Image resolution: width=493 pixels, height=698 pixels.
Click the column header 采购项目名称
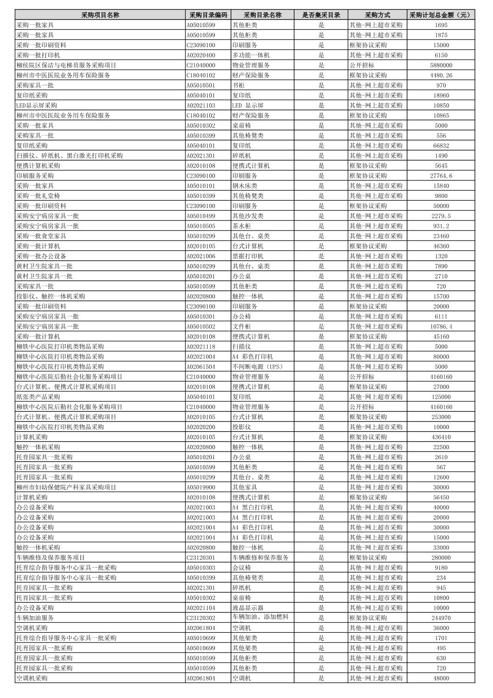click(x=100, y=15)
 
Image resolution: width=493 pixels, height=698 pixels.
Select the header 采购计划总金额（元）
click(x=441, y=15)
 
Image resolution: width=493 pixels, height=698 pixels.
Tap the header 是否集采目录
click(x=321, y=15)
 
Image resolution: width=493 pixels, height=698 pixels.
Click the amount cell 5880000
click(x=441, y=65)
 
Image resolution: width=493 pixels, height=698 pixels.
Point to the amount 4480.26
click(x=441, y=75)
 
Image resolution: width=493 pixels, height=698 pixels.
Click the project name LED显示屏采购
click(x=37, y=106)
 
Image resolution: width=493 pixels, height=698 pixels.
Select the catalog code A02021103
click(x=201, y=106)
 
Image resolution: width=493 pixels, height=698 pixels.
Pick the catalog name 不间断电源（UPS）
click(x=258, y=366)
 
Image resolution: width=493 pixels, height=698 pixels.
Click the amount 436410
click(x=441, y=437)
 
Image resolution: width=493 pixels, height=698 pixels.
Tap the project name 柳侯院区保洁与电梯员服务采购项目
click(x=66, y=65)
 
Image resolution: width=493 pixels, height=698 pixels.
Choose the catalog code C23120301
click(x=201, y=557)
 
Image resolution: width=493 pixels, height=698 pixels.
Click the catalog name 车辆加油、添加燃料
click(x=260, y=617)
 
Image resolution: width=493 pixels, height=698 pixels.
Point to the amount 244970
click(x=441, y=618)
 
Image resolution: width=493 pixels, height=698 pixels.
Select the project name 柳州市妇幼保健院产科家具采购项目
click(x=66, y=487)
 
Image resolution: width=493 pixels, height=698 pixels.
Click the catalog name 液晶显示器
click(x=248, y=608)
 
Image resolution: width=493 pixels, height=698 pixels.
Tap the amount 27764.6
click(x=441, y=176)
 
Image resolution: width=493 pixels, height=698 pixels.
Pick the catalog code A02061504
click(x=201, y=366)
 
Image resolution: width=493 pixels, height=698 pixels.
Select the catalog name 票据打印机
click(x=248, y=256)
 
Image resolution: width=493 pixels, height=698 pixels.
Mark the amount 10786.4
click(x=441, y=326)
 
